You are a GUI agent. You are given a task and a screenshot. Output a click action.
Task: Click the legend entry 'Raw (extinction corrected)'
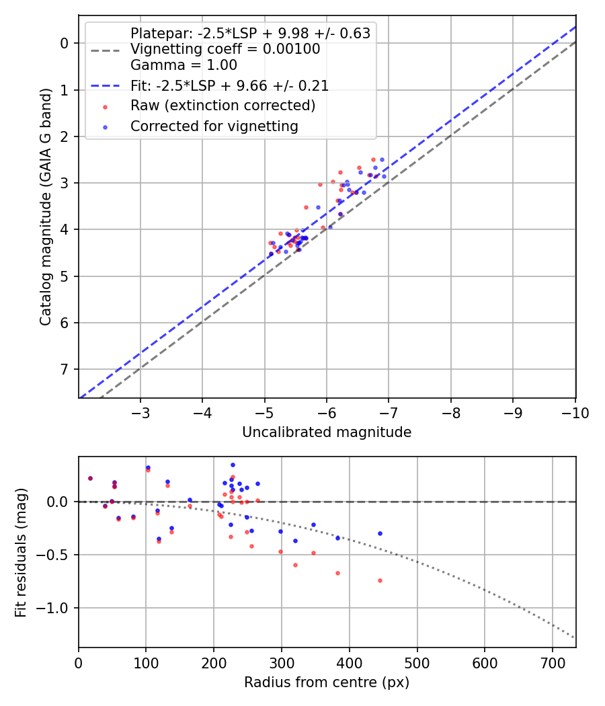[x=223, y=106]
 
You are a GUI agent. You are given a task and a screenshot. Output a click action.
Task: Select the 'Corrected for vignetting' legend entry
[x=214, y=126]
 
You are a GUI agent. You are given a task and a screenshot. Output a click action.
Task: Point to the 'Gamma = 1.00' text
[x=184, y=65]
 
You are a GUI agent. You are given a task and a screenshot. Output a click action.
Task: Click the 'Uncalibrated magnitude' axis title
[x=327, y=432]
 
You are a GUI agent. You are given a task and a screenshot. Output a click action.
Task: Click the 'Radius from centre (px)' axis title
[x=327, y=682]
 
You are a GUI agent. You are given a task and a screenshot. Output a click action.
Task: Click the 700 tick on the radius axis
[x=553, y=663]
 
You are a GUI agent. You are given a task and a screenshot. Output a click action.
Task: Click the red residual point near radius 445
[x=380, y=580]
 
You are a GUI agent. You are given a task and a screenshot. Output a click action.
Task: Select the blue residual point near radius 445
[x=380, y=533]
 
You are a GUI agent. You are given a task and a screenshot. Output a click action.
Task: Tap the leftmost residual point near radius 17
[x=90, y=478]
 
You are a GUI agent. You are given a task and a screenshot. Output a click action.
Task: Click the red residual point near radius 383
[x=337, y=573]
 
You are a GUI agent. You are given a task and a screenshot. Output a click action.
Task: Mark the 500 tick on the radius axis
[x=417, y=663]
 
